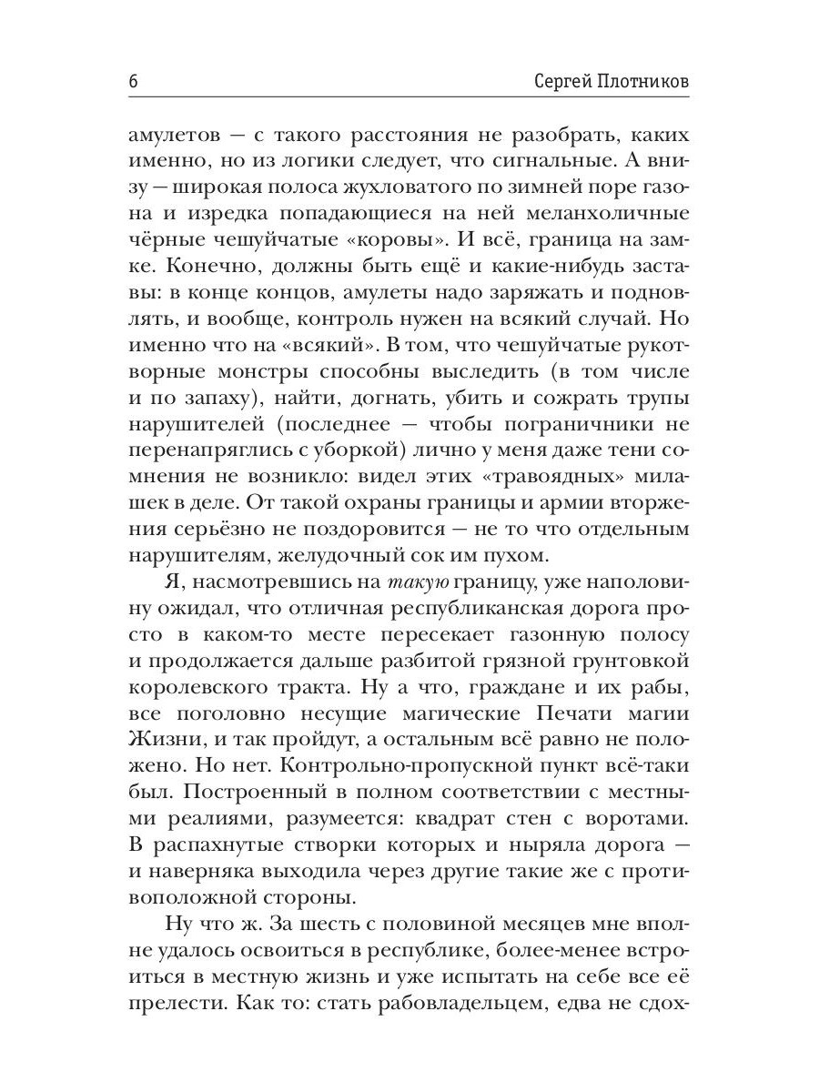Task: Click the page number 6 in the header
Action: tap(133, 81)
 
